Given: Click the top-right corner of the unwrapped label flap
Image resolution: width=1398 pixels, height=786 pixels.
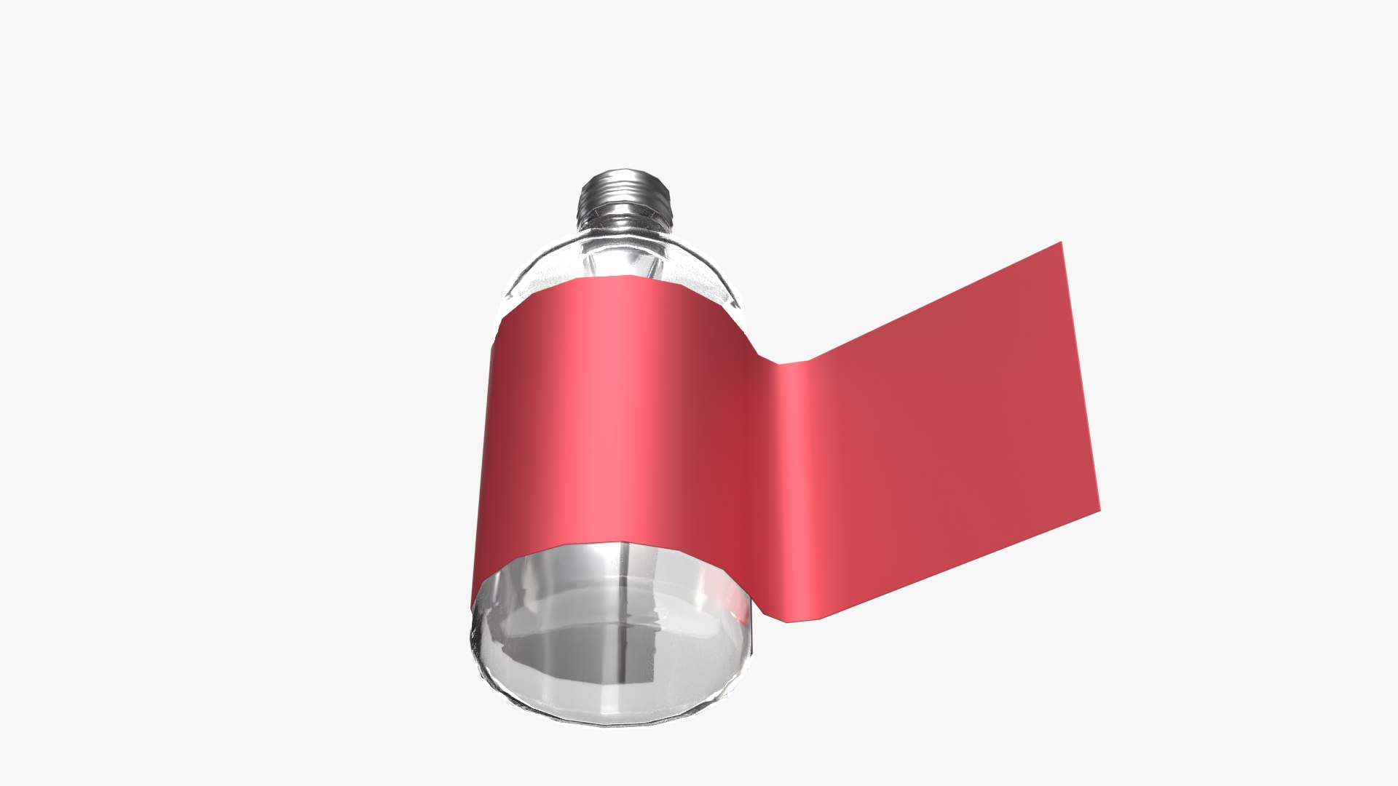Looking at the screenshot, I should [x=1061, y=243].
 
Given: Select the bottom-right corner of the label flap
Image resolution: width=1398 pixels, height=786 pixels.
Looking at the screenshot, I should [x=1099, y=510].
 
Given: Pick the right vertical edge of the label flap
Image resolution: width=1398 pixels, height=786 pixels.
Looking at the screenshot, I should [x=1081, y=378].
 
